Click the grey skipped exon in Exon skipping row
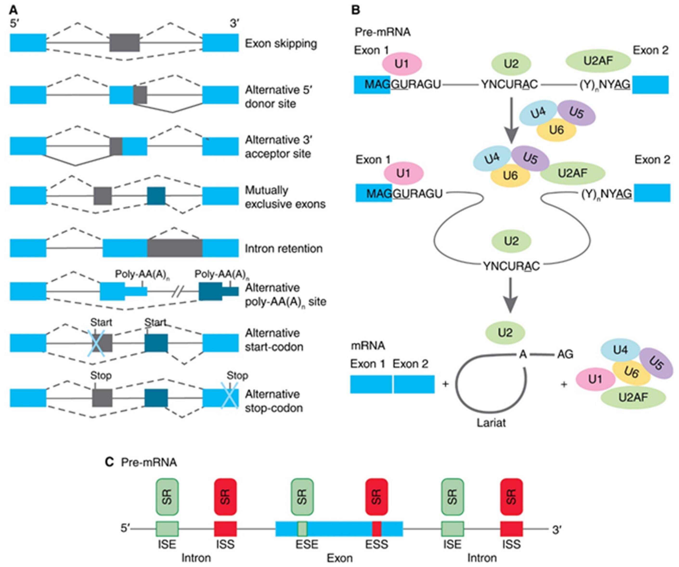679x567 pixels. [x=124, y=43]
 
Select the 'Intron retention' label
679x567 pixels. [x=284, y=248]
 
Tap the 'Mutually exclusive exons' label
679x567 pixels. [x=285, y=197]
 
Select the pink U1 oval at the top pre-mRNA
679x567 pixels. [x=402, y=64]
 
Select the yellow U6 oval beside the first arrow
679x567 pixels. [x=556, y=130]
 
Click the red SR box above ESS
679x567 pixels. [x=376, y=497]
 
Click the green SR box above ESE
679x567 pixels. [x=302, y=497]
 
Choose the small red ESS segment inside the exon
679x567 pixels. [x=376, y=529]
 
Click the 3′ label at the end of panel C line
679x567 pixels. [x=556, y=530]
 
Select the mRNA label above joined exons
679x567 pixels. [x=368, y=346]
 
